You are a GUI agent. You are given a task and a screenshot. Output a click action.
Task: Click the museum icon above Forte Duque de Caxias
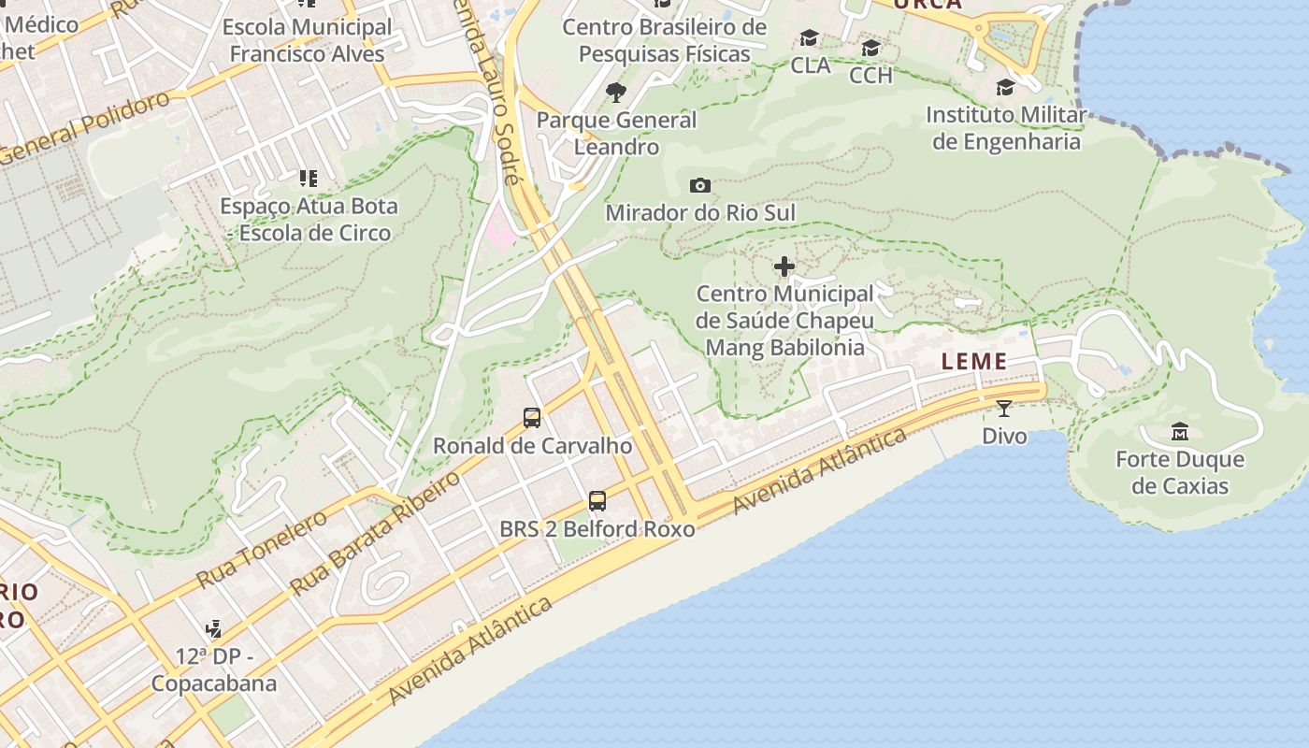tap(1179, 431)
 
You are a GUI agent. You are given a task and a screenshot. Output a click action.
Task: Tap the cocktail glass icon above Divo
tap(1004, 409)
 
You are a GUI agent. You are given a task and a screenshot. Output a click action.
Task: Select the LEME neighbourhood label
tap(974, 362)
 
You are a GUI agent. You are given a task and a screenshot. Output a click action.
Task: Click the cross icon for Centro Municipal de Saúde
tap(784, 267)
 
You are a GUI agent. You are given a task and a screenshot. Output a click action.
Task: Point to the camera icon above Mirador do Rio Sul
tap(699, 186)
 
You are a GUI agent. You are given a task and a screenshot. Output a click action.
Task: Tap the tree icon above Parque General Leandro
tap(616, 92)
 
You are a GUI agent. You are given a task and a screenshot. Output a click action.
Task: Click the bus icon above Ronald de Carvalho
tap(532, 418)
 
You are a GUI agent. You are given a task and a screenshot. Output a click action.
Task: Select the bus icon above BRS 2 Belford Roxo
tap(597, 501)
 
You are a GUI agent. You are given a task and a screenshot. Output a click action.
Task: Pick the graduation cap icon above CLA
tap(810, 38)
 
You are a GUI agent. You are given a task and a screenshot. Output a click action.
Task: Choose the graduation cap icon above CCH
tap(870, 48)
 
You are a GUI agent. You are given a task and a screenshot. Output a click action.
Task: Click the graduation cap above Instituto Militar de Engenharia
tap(1006, 88)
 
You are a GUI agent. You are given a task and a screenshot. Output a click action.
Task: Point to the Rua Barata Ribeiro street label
tap(376, 533)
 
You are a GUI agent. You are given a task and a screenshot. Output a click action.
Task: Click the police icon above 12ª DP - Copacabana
tap(214, 628)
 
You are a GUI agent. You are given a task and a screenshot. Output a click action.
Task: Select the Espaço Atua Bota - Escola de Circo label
tap(309, 219)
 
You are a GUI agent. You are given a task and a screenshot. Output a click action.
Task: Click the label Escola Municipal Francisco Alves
tap(308, 40)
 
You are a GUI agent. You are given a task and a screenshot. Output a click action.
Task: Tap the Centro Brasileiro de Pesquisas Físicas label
tap(664, 40)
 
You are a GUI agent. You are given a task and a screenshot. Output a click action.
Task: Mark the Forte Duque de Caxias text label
tap(1180, 472)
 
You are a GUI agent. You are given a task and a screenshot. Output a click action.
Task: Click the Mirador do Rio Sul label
tap(700, 212)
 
